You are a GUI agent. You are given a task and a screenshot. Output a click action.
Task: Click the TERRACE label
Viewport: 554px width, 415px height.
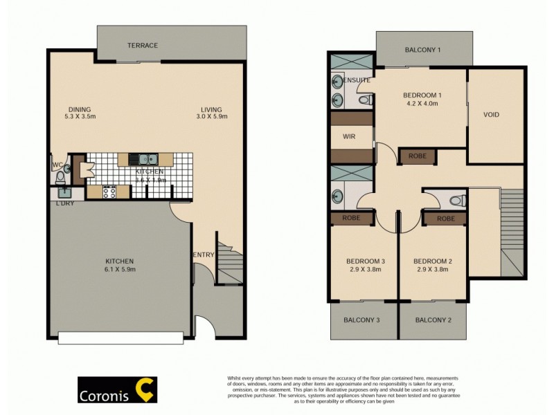[143, 46]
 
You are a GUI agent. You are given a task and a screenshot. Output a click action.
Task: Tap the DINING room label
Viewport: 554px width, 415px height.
[80, 109]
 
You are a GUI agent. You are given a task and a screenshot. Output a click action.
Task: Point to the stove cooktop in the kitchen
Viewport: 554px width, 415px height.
[109, 192]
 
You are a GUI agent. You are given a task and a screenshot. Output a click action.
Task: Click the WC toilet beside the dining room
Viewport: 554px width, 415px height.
[59, 175]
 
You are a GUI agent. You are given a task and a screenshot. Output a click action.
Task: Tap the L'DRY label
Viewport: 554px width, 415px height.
[65, 203]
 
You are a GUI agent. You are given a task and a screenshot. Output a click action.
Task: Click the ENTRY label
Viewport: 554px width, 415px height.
[203, 255]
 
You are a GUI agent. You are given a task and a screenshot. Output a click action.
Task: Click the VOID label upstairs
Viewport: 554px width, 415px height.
[491, 115]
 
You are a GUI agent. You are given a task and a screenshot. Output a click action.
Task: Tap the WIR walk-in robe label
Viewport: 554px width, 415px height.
[349, 136]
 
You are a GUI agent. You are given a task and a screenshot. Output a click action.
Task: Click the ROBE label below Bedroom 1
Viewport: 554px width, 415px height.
[417, 156]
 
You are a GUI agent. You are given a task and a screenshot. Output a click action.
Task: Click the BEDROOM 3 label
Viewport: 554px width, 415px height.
[366, 261]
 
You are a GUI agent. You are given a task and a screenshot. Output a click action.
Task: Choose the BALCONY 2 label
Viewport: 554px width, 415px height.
[434, 320]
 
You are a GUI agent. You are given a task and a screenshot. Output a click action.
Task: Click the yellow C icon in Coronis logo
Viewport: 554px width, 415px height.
[145, 390]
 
